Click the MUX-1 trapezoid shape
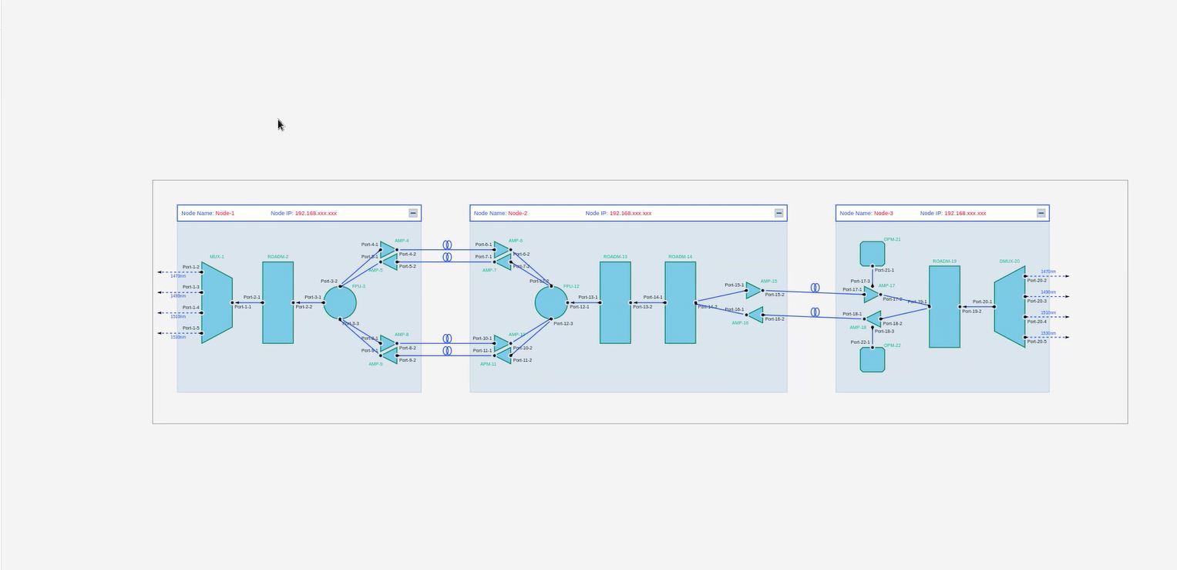click(217, 302)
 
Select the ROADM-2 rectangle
click(277, 302)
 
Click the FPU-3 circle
click(340, 302)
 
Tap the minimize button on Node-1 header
click(413, 213)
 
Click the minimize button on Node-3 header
click(1041, 213)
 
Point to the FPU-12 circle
click(551, 302)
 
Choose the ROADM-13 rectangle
click(615, 302)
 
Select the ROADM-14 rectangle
click(681, 302)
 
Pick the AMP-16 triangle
click(756, 315)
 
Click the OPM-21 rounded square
click(873, 253)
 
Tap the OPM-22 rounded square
click(873, 359)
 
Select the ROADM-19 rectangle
click(944, 306)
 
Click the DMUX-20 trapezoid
click(1010, 306)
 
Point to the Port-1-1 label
click(243, 307)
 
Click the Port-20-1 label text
click(982, 302)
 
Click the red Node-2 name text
click(518, 213)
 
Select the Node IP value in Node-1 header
click(315, 213)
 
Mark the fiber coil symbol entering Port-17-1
click(815, 288)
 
